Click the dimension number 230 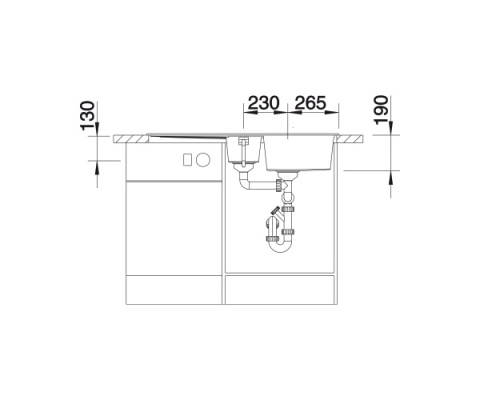(x=263, y=103)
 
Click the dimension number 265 (x=310, y=103)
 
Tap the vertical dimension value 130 (x=88, y=115)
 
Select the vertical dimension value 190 (x=381, y=110)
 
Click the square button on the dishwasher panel (x=188, y=160)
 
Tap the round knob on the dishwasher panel (x=203, y=160)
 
